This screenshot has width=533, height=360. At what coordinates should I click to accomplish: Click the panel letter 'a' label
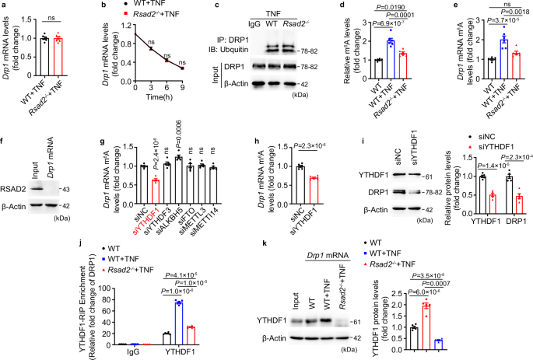tap(4, 7)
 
